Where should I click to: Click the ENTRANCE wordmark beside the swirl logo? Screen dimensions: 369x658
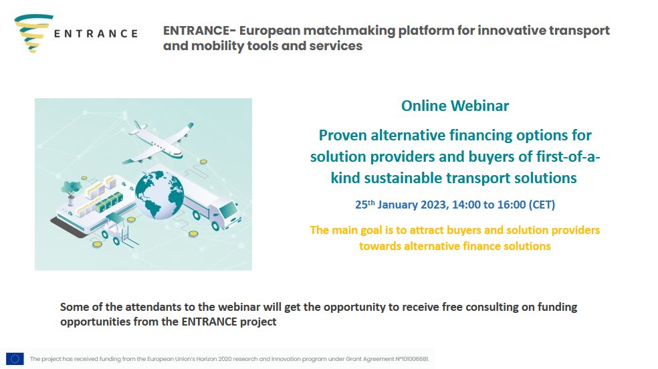point(96,33)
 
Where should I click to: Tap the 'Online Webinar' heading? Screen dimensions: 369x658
point(455,106)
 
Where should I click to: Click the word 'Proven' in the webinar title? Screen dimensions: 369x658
point(346,135)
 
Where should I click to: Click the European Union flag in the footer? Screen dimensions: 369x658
point(15,359)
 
